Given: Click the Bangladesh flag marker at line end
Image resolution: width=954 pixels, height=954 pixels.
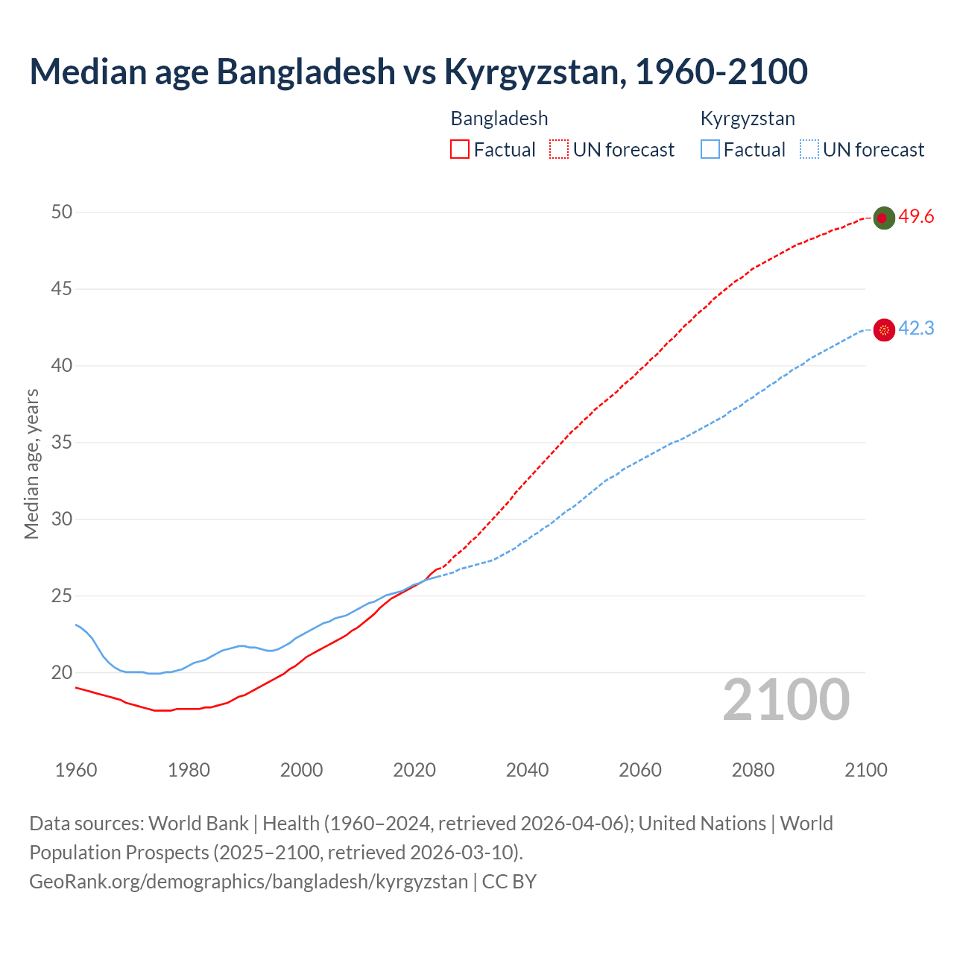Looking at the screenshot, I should pyautogui.click(x=883, y=218).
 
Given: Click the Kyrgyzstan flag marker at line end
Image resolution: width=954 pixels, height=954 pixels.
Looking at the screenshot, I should pyautogui.click(x=883, y=329).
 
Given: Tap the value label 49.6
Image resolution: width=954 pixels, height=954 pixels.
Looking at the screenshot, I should pyautogui.click(x=916, y=217).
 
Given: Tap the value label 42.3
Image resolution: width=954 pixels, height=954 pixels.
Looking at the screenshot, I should pyautogui.click(x=916, y=329).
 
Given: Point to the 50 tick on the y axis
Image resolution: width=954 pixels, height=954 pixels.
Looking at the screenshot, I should pyautogui.click(x=62, y=212).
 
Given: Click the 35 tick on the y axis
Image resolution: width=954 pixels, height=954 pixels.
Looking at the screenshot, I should pyautogui.click(x=62, y=443).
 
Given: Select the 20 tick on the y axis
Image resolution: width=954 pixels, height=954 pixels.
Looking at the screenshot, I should pyautogui.click(x=62, y=673).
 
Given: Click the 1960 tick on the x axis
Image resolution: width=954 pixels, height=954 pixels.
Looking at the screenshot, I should pyautogui.click(x=76, y=770).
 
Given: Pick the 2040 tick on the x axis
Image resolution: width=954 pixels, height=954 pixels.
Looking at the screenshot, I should pyautogui.click(x=527, y=770).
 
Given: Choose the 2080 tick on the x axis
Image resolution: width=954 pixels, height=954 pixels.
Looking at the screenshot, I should pyautogui.click(x=753, y=770).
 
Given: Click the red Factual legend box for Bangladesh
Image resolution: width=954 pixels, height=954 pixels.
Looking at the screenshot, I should pyautogui.click(x=460, y=150).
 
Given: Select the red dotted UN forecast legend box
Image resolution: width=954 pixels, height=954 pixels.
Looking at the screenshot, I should pyautogui.click(x=559, y=150).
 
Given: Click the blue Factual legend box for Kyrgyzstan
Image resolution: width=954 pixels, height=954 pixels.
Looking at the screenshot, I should pyautogui.click(x=710, y=150).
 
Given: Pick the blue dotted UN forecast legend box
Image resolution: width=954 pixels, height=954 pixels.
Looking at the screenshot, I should pyautogui.click(x=809, y=150).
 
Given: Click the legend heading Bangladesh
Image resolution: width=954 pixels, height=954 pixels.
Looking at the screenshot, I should pyautogui.click(x=499, y=119).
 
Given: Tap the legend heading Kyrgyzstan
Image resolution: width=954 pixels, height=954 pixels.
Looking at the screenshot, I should pyautogui.click(x=748, y=119).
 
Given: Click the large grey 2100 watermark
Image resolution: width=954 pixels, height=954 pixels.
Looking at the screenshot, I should pyautogui.click(x=786, y=700).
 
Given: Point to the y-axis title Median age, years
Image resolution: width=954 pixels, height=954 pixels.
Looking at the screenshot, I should pyautogui.click(x=31, y=464).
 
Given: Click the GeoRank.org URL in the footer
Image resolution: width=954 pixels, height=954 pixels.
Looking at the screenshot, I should pyautogui.click(x=248, y=882).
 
